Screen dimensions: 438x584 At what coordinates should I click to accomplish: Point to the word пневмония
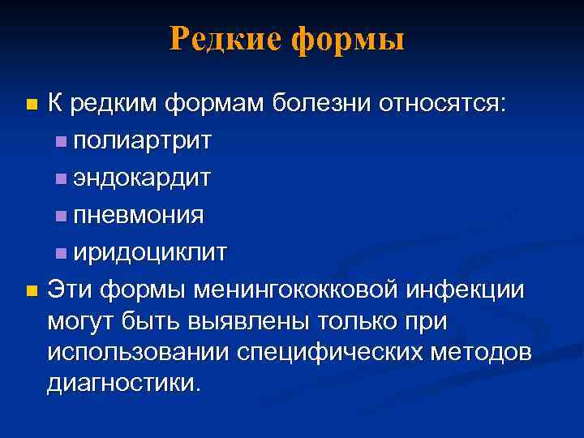pyautogui.click(x=139, y=215)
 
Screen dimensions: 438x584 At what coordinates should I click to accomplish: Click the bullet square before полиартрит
pyautogui.click(x=62, y=143)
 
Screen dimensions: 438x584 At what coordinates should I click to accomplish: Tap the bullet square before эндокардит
pyautogui.click(x=62, y=179)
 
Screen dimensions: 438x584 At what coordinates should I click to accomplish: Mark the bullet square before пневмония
pyautogui.click(x=62, y=217)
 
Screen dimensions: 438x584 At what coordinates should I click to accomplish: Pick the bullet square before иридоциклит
pyautogui.click(x=62, y=253)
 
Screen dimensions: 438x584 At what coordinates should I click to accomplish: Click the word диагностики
pyautogui.click(x=122, y=383)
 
